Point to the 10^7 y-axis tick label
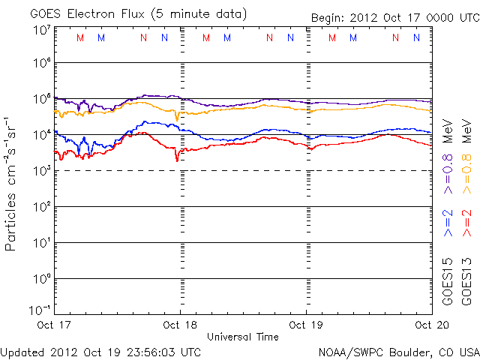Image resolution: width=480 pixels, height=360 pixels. [x=41, y=30]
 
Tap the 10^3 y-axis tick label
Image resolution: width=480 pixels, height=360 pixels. [x=41, y=171]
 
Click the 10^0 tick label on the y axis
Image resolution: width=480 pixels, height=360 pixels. [x=41, y=279]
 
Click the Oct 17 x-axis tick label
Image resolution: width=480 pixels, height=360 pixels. [x=55, y=325]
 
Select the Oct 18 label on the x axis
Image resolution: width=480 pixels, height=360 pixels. [x=180, y=325]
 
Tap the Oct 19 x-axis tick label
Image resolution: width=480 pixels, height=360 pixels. [x=305, y=325]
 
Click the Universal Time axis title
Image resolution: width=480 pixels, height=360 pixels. [x=243, y=337]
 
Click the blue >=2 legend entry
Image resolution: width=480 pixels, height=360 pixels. [x=448, y=223]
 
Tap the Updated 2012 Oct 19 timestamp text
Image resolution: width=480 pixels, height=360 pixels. [x=100, y=352]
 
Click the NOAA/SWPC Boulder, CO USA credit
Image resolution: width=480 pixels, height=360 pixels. [x=398, y=352]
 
